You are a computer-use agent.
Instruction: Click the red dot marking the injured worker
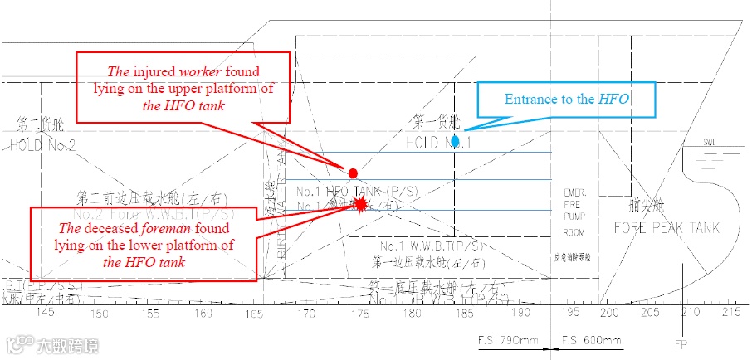point(353,173)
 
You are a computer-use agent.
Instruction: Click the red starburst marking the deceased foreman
point(360,203)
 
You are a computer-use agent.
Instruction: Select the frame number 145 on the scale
point(46,313)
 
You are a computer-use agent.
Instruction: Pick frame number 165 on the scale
point(255,313)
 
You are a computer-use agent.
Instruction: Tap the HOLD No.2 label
point(42,145)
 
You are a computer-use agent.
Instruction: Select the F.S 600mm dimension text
point(590,341)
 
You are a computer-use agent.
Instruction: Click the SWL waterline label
point(710,142)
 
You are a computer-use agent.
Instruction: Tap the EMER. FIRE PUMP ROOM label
point(574,212)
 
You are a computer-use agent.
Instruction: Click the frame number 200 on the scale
point(609,313)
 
